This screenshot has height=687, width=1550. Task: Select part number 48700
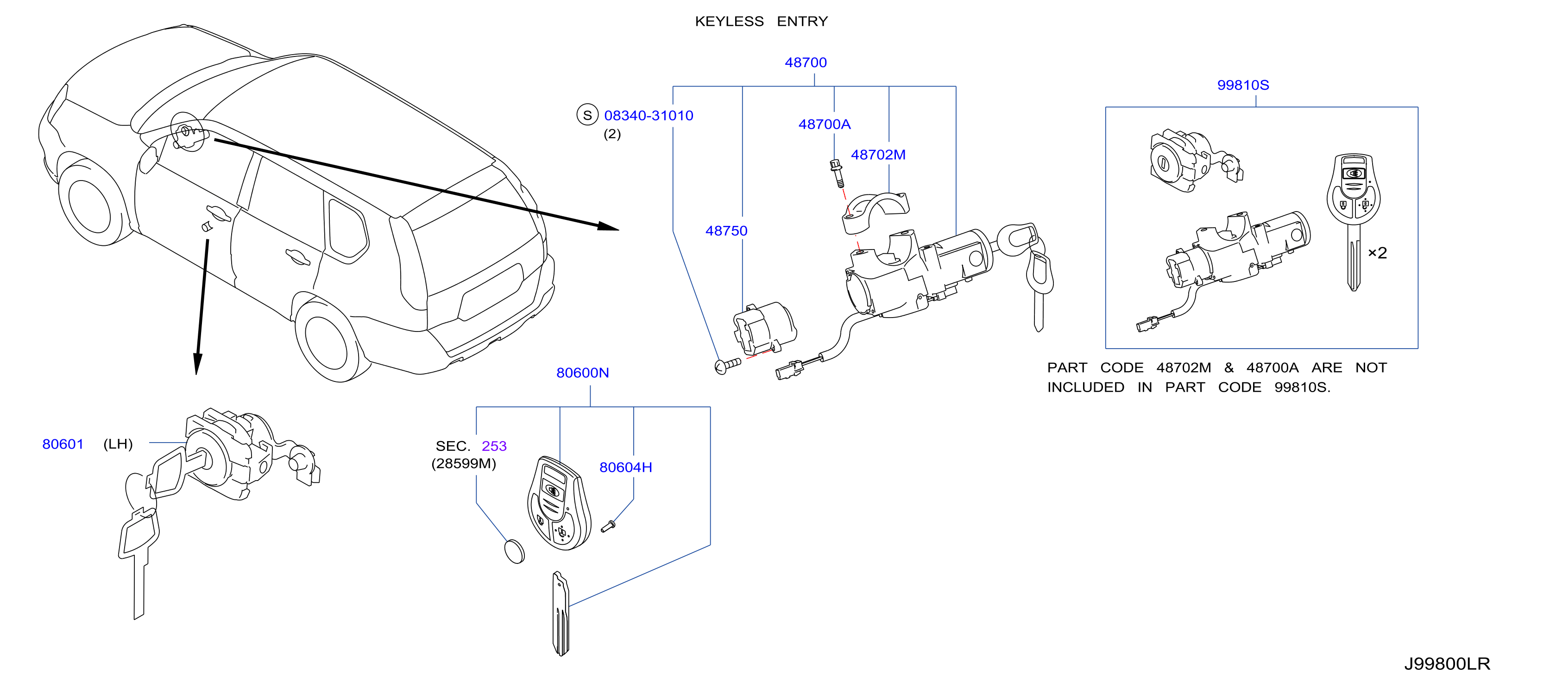(x=806, y=62)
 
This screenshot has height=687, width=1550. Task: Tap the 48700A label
(x=825, y=124)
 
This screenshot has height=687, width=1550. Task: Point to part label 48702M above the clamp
(x=878, y=155)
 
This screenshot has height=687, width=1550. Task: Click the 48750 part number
(x=726, y=231)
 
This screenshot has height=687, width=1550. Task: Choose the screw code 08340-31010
(x=649, y=115)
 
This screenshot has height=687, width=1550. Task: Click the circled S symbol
(x=587, y=115)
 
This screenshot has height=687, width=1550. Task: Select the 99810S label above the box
(x=1243, y=85)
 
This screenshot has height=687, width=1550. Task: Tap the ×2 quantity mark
(x=1377, y=253)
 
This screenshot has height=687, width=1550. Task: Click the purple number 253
(x=494, y=446)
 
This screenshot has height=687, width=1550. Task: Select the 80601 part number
(x=63, y=444)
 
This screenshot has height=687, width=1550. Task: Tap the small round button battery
(x=514, y=551)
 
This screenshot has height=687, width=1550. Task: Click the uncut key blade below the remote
(x=560, y=613)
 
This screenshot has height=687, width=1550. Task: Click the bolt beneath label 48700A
(x=836, y=173)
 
